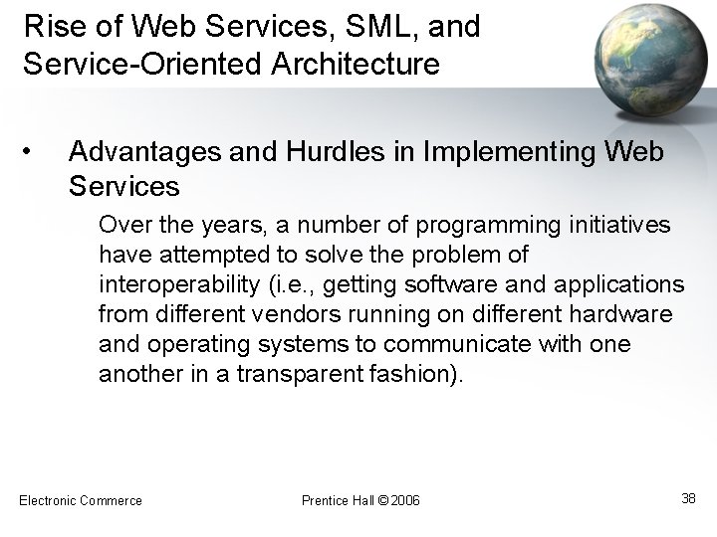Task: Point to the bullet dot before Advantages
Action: (x=33, y=151)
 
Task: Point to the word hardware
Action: (x=631, y=315)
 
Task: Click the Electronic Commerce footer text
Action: (x=81, y=500)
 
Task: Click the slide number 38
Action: (x=688, y=498)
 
